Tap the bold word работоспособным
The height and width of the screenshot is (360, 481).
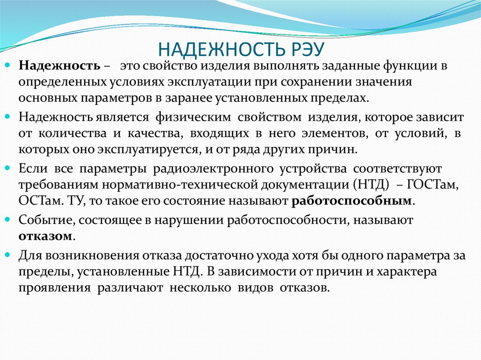pos(352,201)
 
